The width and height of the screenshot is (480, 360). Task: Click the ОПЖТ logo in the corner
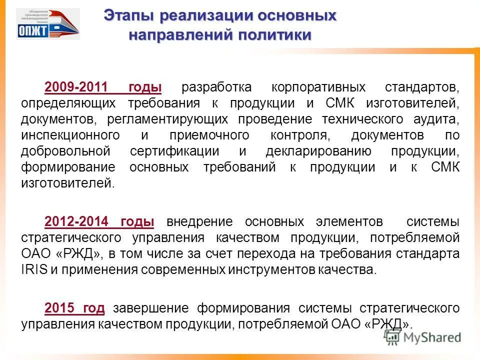pyautogui.click(x=47, y=23)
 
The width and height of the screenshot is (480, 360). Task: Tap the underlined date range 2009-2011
pyautogui.click(x=76, y=88)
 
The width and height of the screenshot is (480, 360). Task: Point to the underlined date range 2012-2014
pyautogui.click(x=76, y=221)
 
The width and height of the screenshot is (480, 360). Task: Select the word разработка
pyautogui.click(x=216, y=88)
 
